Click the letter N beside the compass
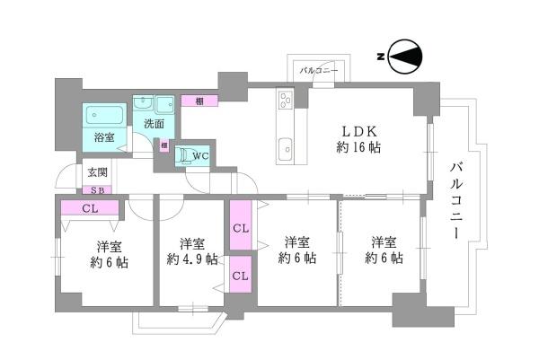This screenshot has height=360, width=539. (381, 58)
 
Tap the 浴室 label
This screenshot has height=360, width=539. (103, 137)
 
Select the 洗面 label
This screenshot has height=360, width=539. (153, 123)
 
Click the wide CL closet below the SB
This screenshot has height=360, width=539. (89, 209)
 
